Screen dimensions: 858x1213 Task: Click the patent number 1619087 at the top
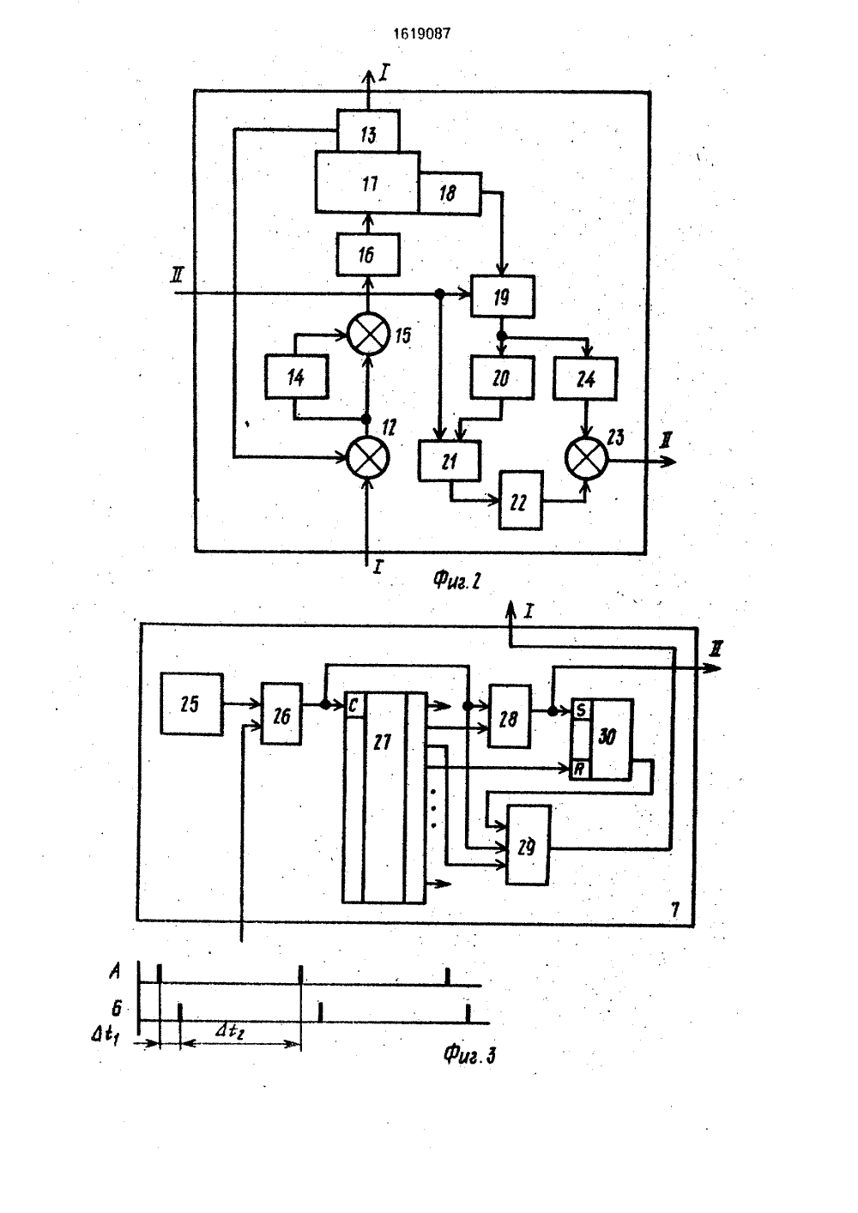tap(421, 34)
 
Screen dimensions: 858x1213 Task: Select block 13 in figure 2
tap(368, 130)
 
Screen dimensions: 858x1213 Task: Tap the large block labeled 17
tap(367, 182)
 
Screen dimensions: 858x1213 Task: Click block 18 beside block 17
tap(450, 193)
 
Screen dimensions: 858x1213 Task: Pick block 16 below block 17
tap(368, 255)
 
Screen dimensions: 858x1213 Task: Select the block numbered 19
tap(502, 296)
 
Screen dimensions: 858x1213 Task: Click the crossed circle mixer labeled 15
tap(368, 334)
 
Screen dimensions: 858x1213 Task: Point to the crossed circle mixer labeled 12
tap(368, 456)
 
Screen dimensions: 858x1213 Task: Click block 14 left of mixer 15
tap(297, 377)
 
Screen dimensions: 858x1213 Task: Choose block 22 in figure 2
tap(521, 500)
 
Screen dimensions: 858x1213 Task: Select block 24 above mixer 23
tap(585, 378)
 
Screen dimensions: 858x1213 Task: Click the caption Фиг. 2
tap(456, 581)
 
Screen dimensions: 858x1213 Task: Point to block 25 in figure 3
tap(191, 704)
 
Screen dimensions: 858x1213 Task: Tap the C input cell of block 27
tap(353, 706)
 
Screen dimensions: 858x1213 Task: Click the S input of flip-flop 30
tap(581, 709)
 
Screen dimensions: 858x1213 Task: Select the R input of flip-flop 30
tap(581, 769)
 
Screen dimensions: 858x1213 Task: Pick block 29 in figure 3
tap(528, 845)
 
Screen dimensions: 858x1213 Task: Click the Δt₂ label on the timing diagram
tap(230, 1030)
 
